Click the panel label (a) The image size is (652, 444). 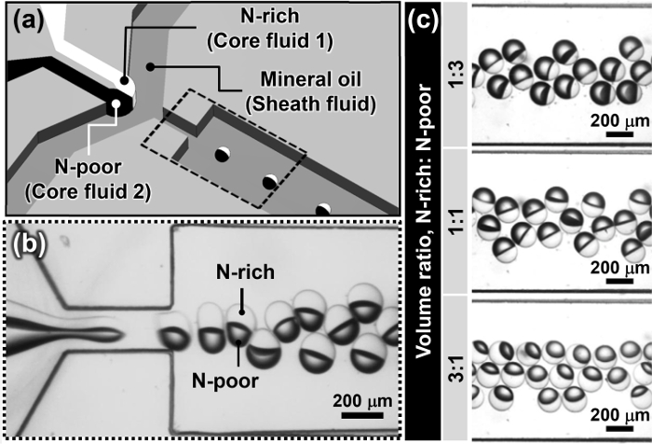31,21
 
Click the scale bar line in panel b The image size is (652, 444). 357,415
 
